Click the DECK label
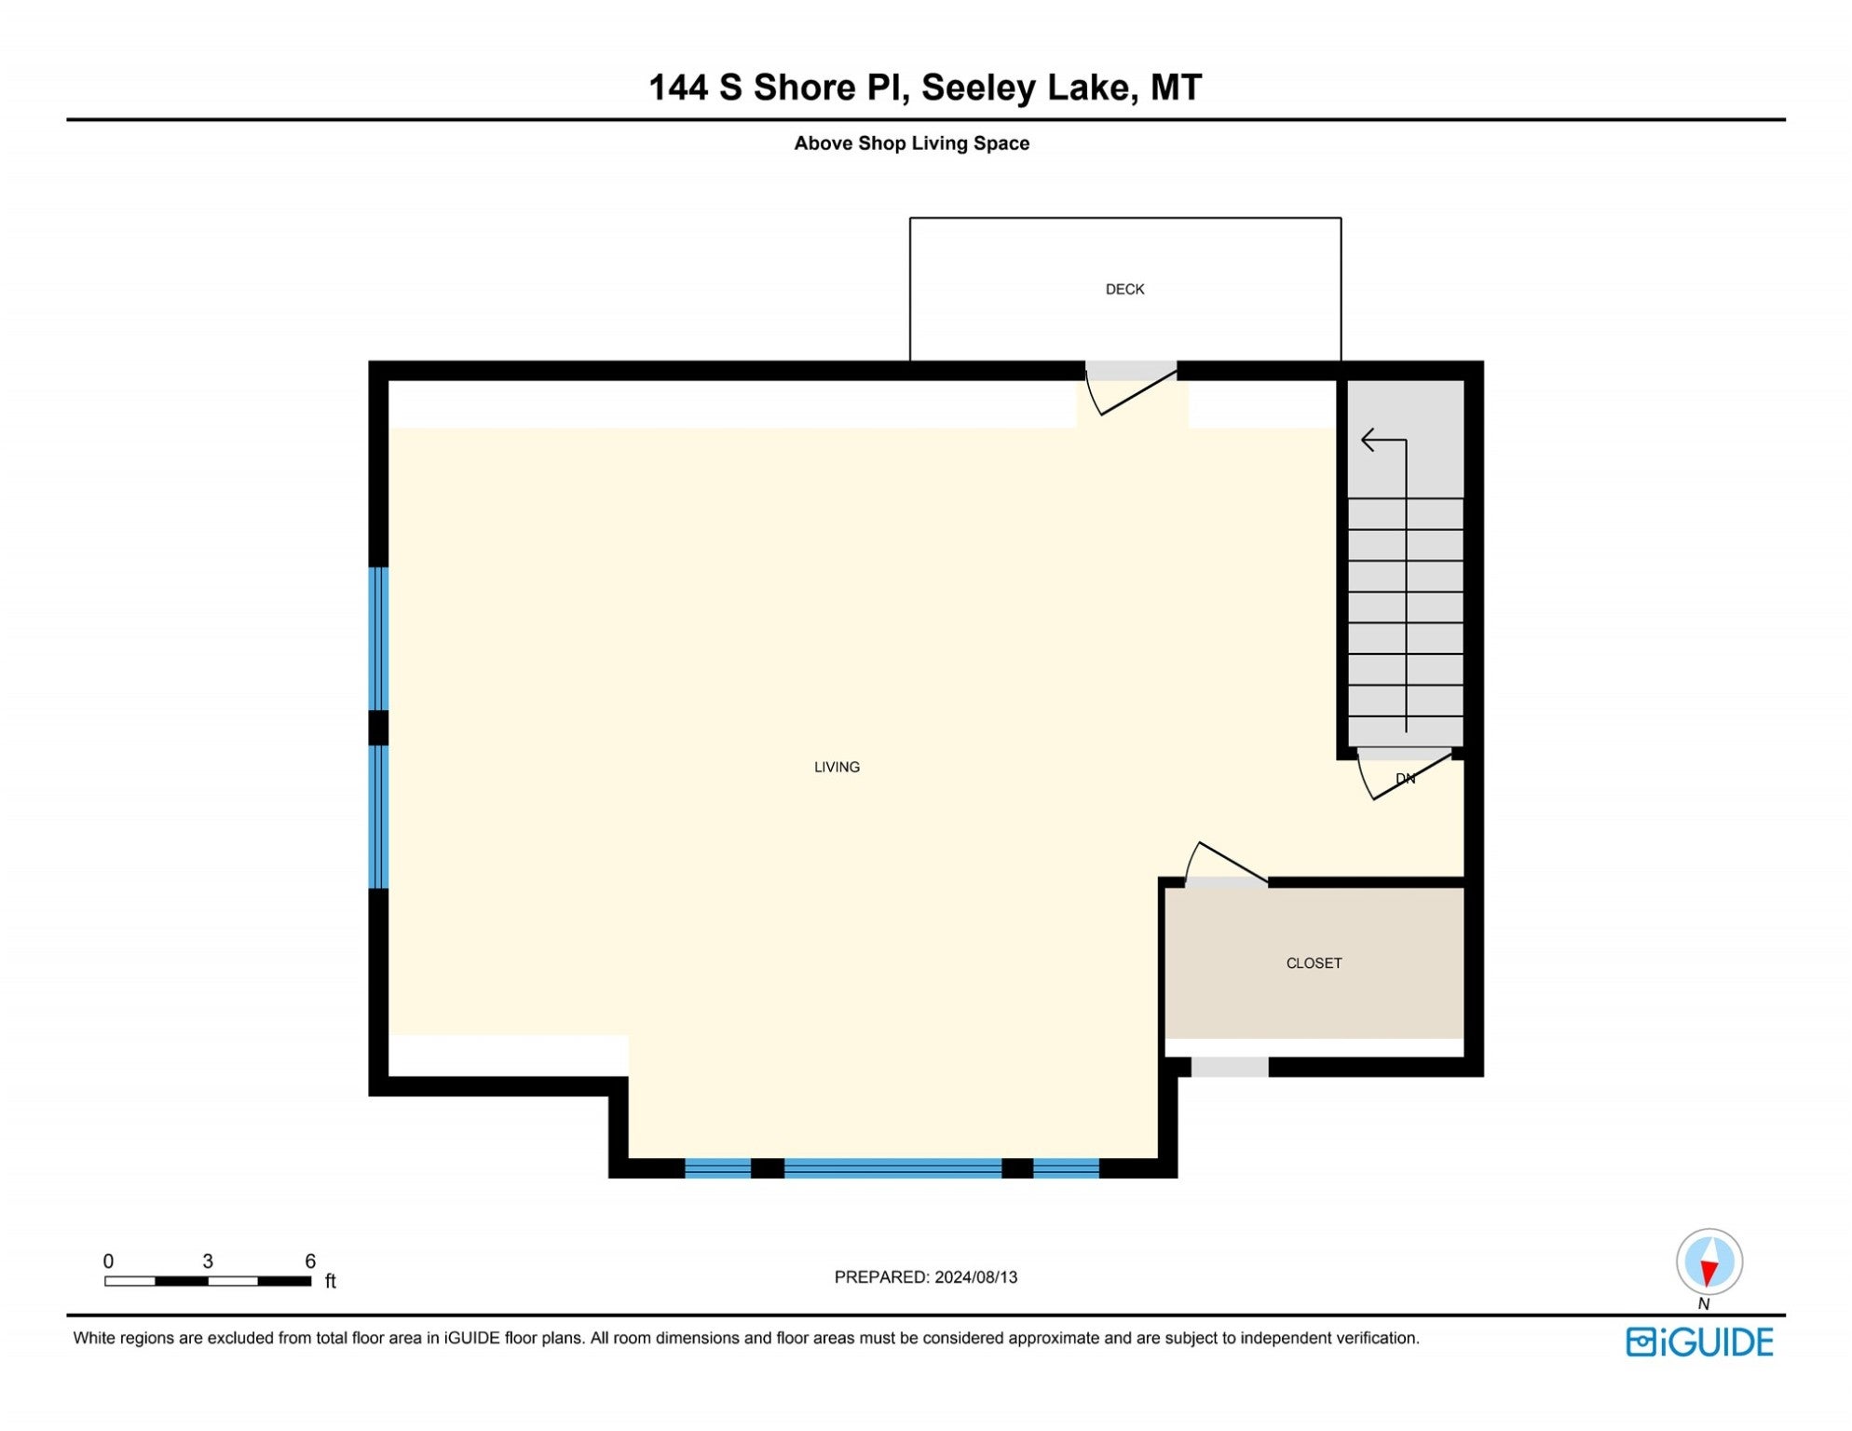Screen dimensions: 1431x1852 (x=1124, y=290)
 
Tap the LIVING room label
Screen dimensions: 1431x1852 (x=837, y=768)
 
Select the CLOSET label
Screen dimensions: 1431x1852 (x=1314, y=963)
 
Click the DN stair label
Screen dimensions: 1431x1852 (x=1405, y=779)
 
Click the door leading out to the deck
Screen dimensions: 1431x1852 (x=1131, y=387)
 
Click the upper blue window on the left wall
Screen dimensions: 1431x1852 (x=378, y=639)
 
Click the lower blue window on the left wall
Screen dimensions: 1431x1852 (x=378, y=817)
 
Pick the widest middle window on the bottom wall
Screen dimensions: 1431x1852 (x=892, y=1168)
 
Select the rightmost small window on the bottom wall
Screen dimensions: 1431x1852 (x=1066, y=1168)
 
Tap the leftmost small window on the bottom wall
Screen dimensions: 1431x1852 (x=717, y=1168)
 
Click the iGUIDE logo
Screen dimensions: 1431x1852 (x=1699, y=1342)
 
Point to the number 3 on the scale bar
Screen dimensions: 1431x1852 (x=208, y=1261)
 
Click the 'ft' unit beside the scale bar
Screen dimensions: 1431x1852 (x=330, y=1282)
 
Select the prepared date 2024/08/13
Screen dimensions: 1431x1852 (x=975, y=1277)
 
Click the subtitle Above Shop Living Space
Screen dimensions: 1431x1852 (x=911, y=143)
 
